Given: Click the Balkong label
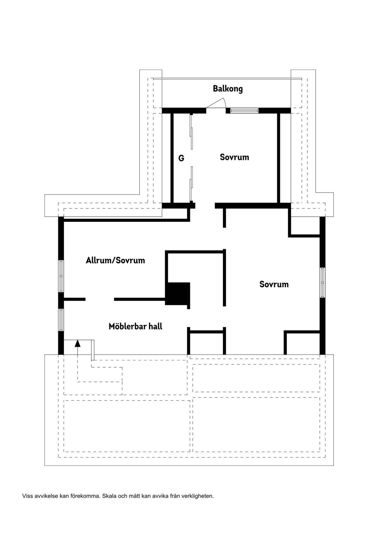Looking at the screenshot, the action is pos(228,89).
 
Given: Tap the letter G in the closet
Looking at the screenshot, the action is pos(181,158).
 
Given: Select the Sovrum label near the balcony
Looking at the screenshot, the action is pos(234,157).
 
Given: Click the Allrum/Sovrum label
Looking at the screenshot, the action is pos(115,260).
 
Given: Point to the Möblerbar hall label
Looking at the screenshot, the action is pos(135,326).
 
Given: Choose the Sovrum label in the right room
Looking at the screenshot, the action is pos(274,284).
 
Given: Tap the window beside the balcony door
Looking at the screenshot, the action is pos(244,111).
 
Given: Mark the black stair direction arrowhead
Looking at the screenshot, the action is pos(77,343).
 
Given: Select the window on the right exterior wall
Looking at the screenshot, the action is pos(323,282).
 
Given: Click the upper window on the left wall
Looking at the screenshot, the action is pos(61,276).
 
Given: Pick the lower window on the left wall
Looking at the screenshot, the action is pos(61,320).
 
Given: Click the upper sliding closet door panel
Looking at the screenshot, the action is pos(191,132).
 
